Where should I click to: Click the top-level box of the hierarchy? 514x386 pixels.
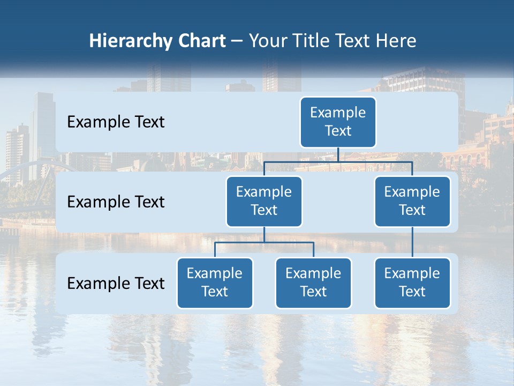click(338, 122)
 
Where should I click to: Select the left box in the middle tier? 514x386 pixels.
click(264, 201)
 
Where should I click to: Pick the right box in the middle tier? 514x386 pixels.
click(412, 201)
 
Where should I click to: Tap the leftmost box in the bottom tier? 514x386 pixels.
click(215, 283)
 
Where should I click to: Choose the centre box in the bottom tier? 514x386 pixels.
click(313, 283)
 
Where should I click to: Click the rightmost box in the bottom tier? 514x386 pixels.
click(412, 283)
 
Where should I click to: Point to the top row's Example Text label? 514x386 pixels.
click(116, 122)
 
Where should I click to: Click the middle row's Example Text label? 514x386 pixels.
click(116, 202)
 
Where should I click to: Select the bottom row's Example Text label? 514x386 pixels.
click(116, 283)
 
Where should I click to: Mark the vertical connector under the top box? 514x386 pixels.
click(338, 154)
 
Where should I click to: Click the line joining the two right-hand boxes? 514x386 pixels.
click(412, 242)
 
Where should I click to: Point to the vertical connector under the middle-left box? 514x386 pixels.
click(264, 234)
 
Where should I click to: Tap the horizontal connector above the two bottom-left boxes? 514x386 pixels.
click(264, 242)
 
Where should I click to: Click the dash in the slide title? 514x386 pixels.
click(237, 41)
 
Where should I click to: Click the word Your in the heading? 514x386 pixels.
click(267, 41)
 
